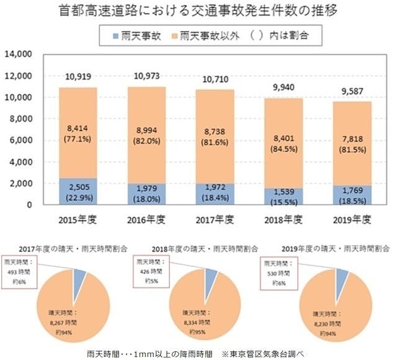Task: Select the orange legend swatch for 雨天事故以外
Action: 173,37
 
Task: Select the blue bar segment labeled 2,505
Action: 79,191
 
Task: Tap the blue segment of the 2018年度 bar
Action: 283,196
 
